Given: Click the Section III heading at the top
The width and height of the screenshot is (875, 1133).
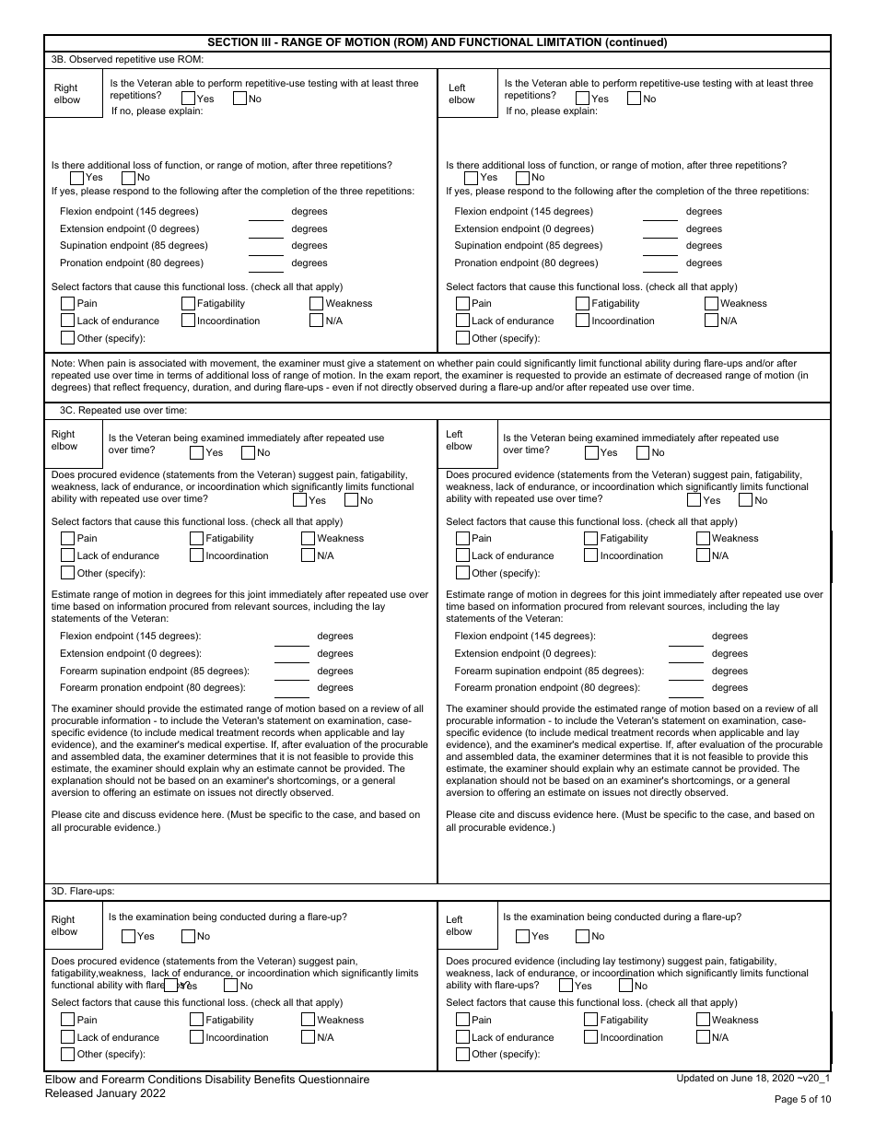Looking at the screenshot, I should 437,42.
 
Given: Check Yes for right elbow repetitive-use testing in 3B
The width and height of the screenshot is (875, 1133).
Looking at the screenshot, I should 189,99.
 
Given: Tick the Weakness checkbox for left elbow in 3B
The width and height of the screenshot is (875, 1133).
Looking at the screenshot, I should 712,303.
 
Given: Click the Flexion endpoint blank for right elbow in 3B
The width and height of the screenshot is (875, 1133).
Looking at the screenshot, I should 266,213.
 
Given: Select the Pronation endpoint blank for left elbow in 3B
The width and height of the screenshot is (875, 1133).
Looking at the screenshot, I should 659,264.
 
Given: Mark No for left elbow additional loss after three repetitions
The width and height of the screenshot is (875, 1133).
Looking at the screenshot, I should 523,178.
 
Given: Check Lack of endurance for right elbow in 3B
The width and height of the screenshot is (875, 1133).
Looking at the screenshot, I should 68,321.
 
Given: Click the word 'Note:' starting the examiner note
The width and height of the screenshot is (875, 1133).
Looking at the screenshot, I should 64,364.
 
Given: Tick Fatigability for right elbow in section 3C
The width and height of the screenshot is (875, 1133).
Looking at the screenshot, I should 197,538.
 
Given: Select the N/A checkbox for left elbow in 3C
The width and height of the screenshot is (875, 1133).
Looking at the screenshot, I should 704,555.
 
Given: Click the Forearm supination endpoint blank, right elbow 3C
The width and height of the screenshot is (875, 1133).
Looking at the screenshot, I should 292,672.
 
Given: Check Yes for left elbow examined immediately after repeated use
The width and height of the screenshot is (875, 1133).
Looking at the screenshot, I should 591,452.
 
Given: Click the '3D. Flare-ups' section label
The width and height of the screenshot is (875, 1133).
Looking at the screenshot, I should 87,891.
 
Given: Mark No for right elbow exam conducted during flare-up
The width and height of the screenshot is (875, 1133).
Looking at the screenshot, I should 189,936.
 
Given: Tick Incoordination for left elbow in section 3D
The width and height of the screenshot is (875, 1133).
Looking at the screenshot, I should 591,1037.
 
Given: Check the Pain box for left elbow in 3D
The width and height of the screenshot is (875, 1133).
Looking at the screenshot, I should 463,1020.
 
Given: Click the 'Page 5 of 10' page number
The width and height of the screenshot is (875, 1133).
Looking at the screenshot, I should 802,1099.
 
